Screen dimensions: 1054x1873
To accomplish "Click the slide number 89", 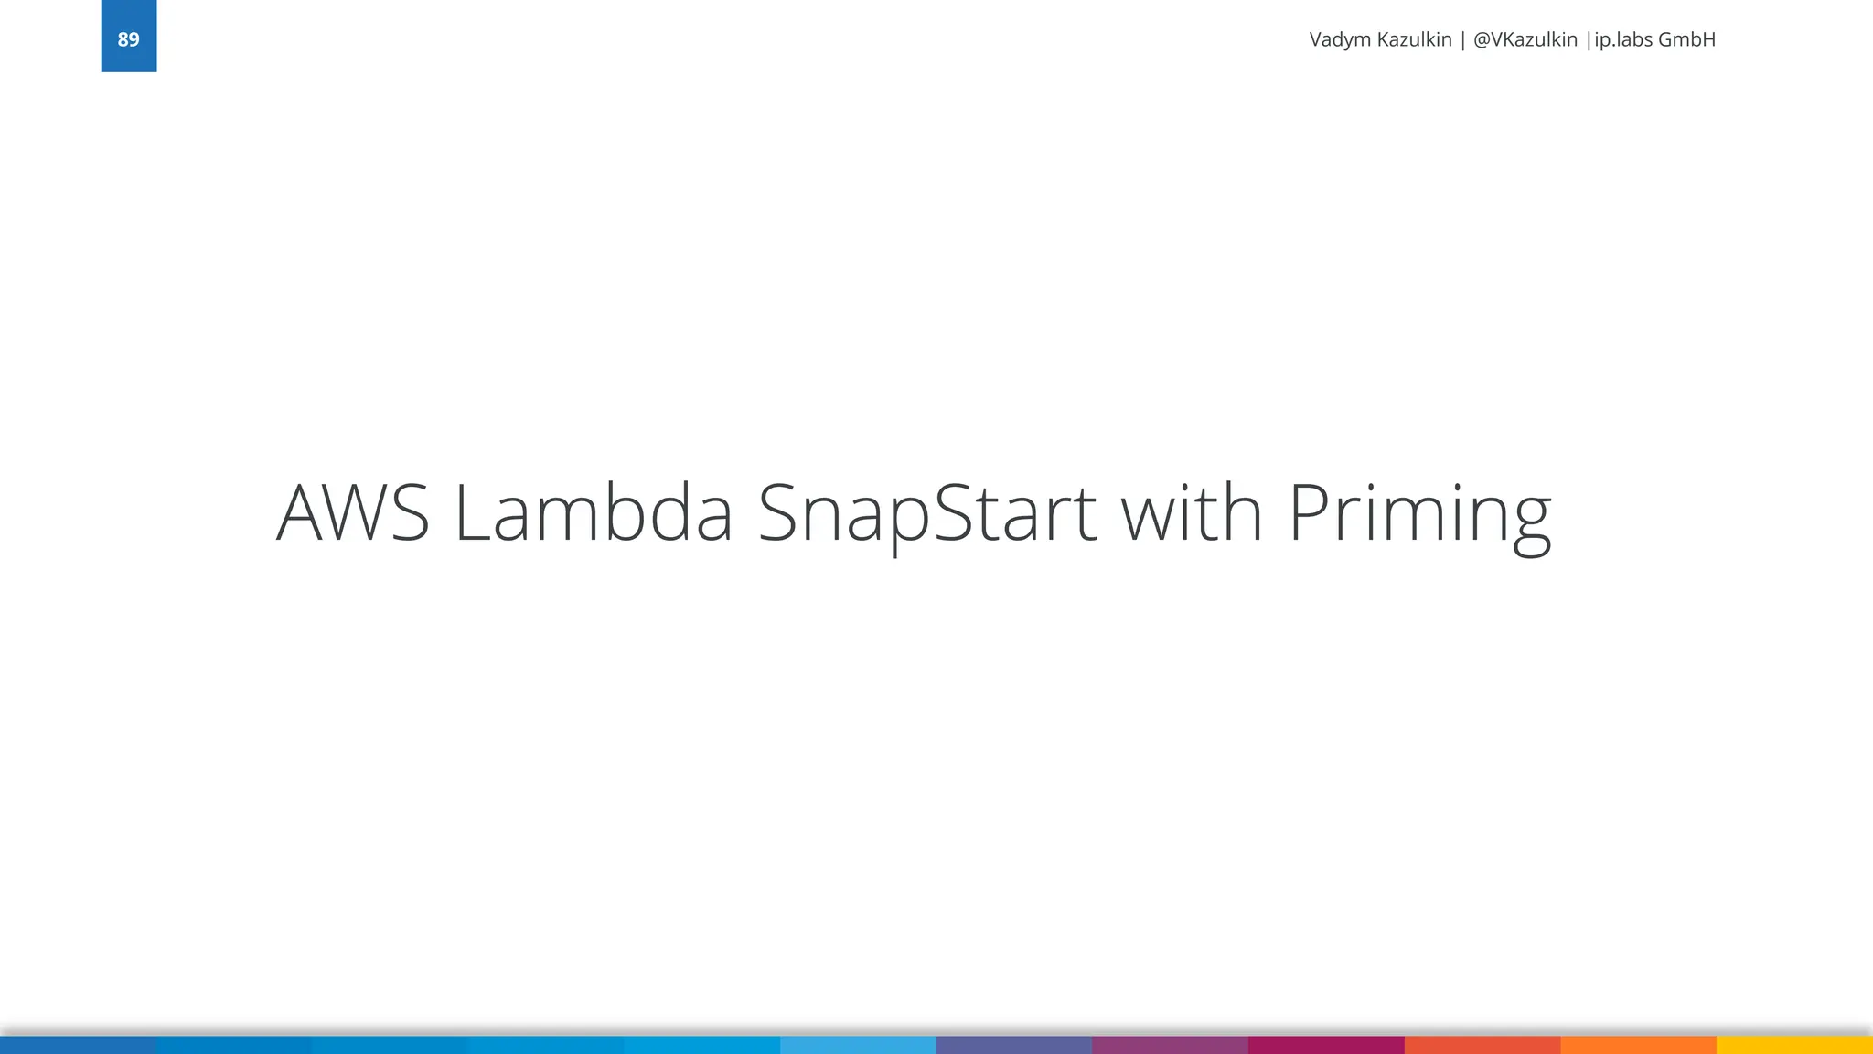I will [128, 39].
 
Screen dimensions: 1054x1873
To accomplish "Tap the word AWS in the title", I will [353, 513].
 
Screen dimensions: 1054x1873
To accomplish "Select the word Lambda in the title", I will [593, 513].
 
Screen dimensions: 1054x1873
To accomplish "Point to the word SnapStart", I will [926, 513].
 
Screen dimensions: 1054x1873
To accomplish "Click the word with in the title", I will [1192, 513].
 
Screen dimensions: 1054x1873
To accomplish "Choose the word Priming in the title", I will [1419, 513].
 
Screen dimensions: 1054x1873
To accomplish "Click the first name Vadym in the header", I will [1340, 40].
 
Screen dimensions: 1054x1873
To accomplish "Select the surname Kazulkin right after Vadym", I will [1414, 40].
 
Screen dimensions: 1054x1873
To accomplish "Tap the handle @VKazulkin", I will [1525, 40].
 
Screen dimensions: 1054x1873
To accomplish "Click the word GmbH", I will [1686, 40].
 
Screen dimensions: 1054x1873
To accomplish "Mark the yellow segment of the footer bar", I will [1794, 1045].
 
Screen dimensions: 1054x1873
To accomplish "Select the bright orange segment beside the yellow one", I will [1638, 1045].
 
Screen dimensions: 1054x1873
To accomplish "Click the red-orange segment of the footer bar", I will [1482, 1045].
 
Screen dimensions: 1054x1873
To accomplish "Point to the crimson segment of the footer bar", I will [1326, 1045].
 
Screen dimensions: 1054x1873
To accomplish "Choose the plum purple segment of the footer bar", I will [1170, 1045].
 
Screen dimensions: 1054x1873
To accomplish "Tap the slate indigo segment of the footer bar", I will [1013, 1045].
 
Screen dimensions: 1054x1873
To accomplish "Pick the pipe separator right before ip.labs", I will [1589, 40].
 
